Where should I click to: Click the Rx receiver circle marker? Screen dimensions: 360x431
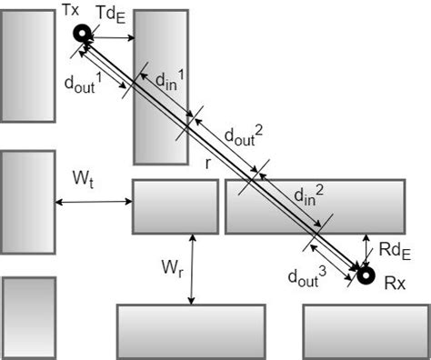coord(366,275)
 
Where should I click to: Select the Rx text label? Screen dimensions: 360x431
coord(393,285)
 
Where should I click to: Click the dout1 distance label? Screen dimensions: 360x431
coord(79,83)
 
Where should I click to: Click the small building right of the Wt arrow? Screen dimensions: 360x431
coord(175,206)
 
